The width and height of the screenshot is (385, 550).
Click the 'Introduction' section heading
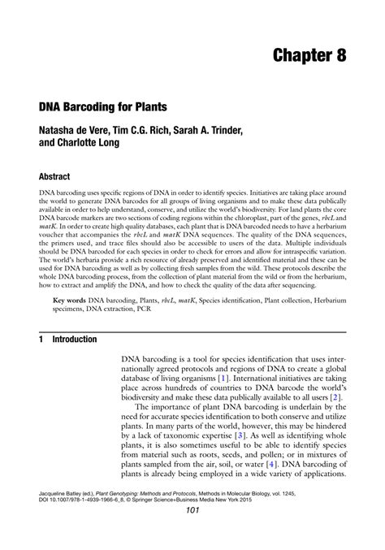coord(76,340)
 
